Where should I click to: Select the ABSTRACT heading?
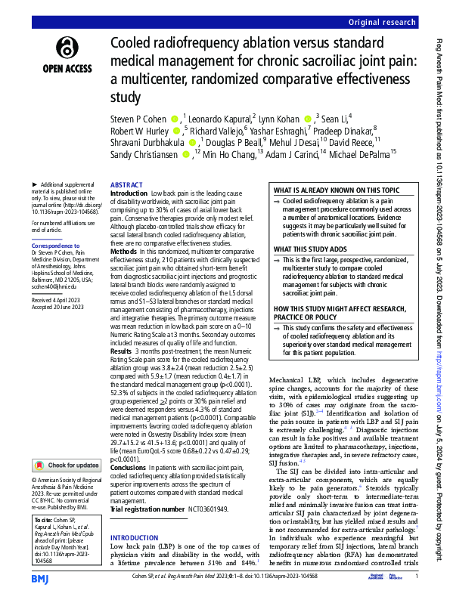pyautogui.click(x=125, y=185)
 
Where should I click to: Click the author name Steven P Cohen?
pyautogui.click(x=139, y=119)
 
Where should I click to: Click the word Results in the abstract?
pyautogui.click(x=123, y=352)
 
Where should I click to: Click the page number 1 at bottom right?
pyautogui.click(x=417, y=578)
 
